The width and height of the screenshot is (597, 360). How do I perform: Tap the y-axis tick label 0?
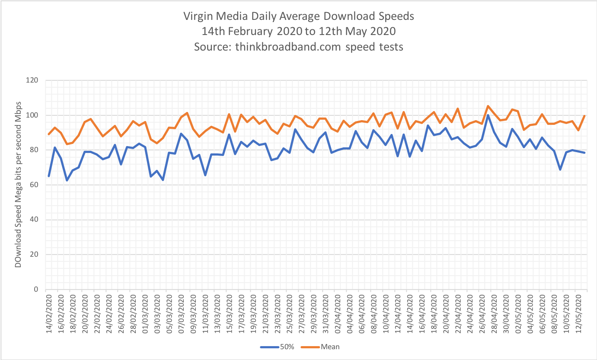coord(37,290)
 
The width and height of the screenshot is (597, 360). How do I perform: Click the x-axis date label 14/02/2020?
coord(49,310)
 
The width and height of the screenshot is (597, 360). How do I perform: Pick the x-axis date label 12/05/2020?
coord(579,310)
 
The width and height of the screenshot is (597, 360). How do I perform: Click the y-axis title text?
coord(18,185)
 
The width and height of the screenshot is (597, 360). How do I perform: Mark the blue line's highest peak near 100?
coord(488,115)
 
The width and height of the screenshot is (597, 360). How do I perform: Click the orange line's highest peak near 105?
coord(488,106)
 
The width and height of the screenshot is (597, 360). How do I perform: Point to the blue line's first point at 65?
coord(49,176)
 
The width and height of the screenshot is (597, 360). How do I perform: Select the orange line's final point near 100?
coord(584,116)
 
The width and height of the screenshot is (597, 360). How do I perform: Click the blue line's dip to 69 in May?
coord(561,169)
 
